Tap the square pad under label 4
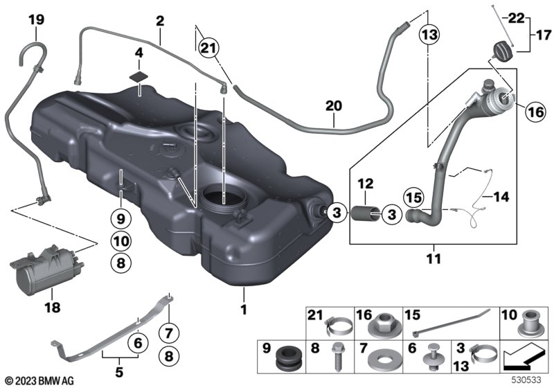[x=138, y=77]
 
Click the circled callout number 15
[x=414, y=197]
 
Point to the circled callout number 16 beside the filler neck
[x=535, y=112]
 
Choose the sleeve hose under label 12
[x=366, y=214]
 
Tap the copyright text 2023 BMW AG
[x=39, y=381]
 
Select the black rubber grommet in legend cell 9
[x=288, y=358]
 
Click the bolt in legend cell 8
[x=337, y=357]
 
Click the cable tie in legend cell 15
[x=452, y=322]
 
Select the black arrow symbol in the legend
[x=524, y=358]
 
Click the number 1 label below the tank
[x=244, y=310]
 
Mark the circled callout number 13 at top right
[x=429, y=35]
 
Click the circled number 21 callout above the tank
[x=208, y=48]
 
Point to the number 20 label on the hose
[x=334, y=106]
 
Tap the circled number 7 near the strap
[x=169, y=333]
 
